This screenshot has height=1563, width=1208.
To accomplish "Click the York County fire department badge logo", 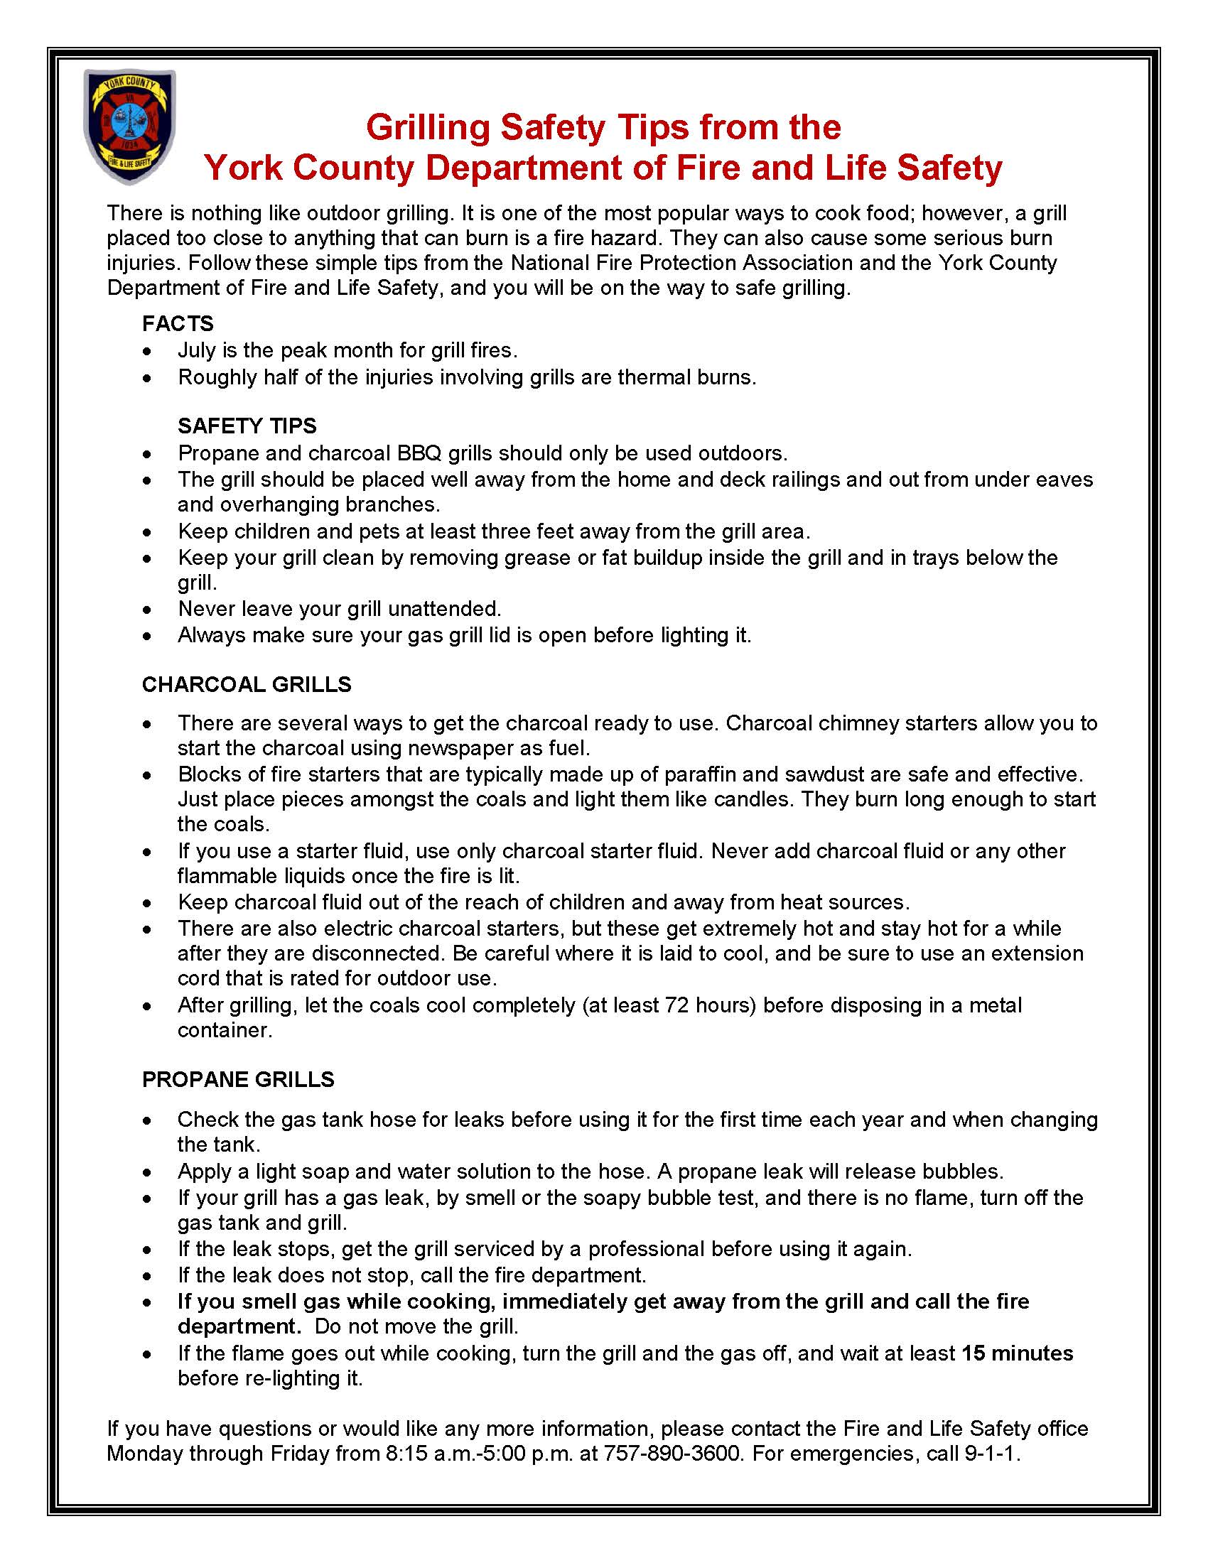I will (129, 126).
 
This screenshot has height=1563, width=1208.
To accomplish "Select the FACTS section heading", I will (178, 323).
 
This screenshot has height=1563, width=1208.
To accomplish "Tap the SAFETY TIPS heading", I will (247, 426).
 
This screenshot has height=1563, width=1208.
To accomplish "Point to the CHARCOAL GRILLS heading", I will (246, 684).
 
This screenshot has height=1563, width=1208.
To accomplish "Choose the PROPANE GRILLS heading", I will (237, 1079).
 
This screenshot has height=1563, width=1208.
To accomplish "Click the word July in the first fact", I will (197, 350).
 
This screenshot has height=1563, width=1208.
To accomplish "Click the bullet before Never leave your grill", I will (147, 610).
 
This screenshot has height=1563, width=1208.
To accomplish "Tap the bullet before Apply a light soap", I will (147, 1172).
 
